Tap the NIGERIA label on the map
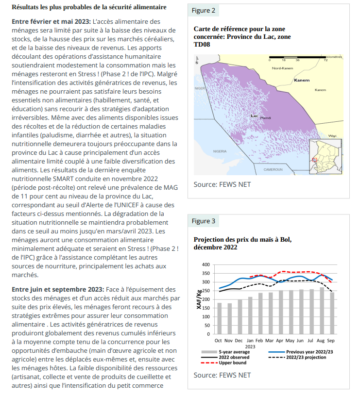tap(220, 151)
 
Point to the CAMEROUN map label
tap(273, 169)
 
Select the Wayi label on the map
tap(332, 136)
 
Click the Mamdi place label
tap(265, 118)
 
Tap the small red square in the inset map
tap(315, 159)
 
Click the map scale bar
tap(298, 57)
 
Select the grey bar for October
tap(219, 318)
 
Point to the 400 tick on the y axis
tap(206, 264)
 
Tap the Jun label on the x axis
tap(301, 341)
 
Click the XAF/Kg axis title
tap(199, 299)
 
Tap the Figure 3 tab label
tap(204, 221)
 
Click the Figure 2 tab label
tap(204, 11)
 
